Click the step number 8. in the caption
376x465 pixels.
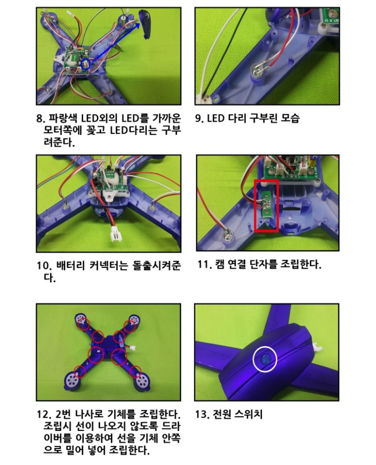(40, 119)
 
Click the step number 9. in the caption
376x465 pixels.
(199, 118)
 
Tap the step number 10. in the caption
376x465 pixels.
(44, 265)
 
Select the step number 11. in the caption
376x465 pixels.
(205, 264)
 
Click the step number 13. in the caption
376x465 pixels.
(203, 414)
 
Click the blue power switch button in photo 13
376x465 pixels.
(265, 359)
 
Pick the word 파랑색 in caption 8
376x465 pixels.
(62, 119)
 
